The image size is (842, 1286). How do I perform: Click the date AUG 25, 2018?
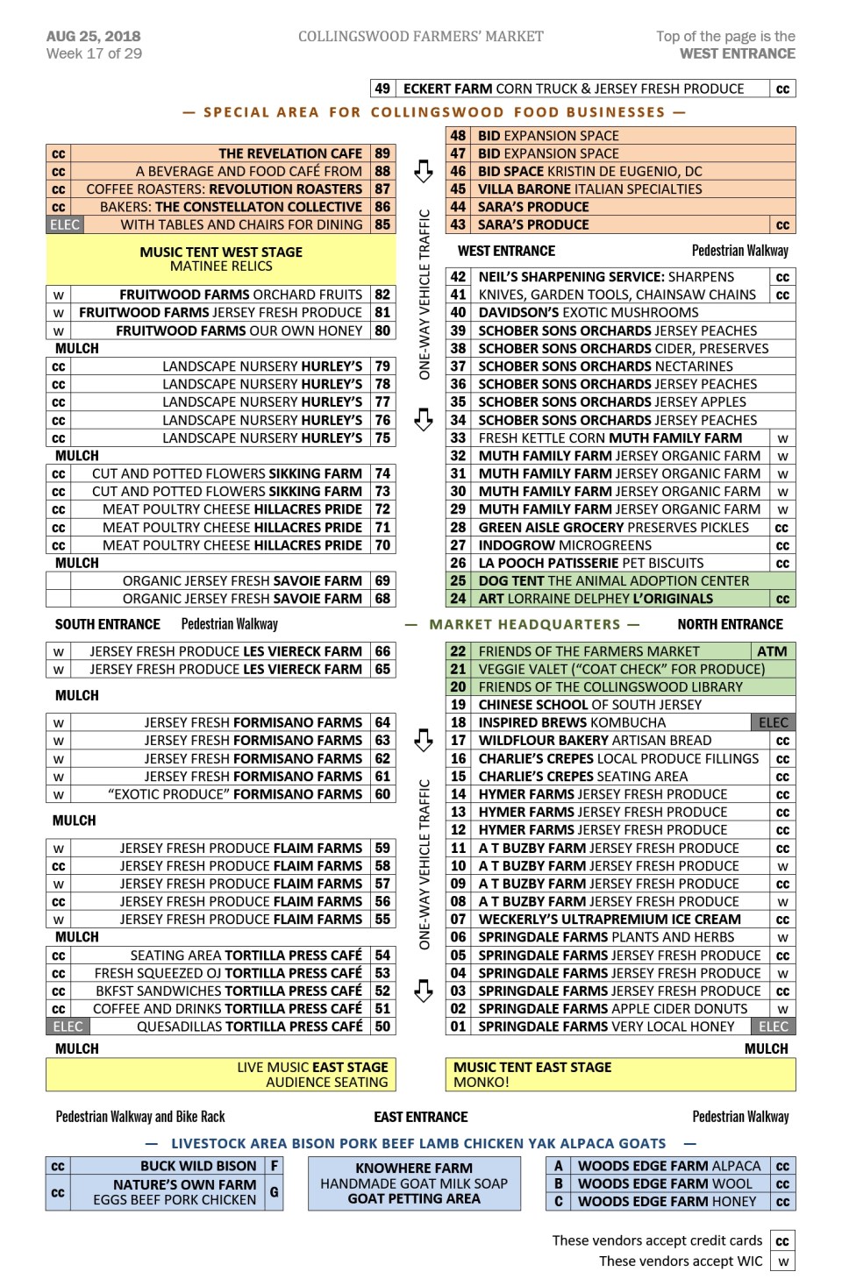point(93,36)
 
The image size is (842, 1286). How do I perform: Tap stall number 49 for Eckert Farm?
point(382,89)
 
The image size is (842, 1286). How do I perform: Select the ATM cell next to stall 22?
point(772,651)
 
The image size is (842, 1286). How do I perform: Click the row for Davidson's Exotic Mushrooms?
point(589,313)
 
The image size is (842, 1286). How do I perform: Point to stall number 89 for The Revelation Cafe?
point(382,153)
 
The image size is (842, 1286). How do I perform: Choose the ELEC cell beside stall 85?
point(64,224)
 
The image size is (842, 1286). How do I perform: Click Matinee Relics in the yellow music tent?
point(221,266)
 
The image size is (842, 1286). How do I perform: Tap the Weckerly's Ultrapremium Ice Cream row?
point(609,920)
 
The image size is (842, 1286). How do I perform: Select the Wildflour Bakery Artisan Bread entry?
point(594,741)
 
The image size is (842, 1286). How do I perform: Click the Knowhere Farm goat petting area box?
point(414,1183)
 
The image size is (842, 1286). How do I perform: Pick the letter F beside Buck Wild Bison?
point(275,1166)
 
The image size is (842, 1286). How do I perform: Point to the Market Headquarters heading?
point(524,625)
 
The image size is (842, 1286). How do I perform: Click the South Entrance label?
point(107,625)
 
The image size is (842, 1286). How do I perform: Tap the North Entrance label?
point(730,625)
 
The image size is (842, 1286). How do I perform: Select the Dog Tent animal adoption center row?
point(613,581)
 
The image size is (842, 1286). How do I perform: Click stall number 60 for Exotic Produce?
point(382,794)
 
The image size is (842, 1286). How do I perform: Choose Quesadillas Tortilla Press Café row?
point(249,1027)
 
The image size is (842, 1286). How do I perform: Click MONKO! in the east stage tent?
point(481,1083)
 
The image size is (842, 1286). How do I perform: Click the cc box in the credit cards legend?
point(782,1241)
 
